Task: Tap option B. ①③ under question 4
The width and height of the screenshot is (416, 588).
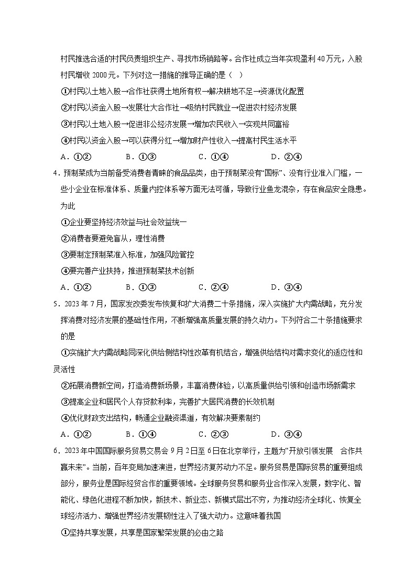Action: (x=141, y=287)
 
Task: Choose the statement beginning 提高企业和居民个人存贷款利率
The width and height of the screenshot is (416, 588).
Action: (x=168, y=402)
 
